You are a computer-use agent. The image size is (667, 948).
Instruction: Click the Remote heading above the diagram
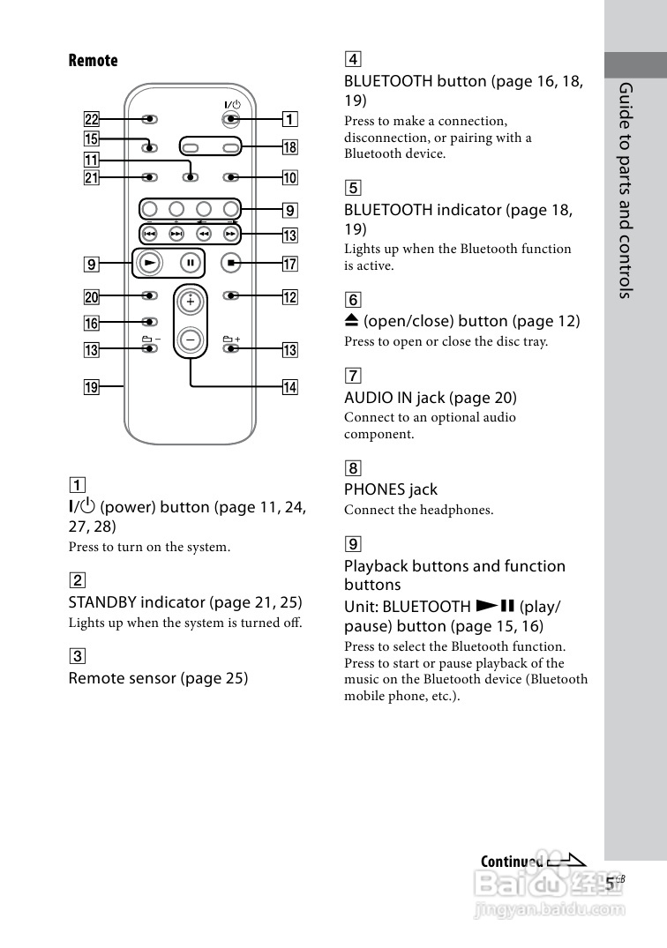coord(93,61)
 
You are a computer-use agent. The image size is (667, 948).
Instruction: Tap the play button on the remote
coord(150,262)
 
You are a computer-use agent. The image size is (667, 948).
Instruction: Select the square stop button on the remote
coord(231,262)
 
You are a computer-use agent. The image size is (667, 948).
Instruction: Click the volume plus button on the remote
coord(189,301)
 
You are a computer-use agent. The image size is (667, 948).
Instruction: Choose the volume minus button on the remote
coord(189,339)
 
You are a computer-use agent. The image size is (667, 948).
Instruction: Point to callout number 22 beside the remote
coord(92,119)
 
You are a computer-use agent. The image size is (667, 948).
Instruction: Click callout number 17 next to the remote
coord(289,263)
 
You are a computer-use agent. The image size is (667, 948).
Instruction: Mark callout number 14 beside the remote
coord(289,387)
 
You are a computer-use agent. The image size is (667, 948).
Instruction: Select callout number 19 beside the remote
coord(92,385)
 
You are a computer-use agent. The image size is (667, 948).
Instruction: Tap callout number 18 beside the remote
coord(289,146)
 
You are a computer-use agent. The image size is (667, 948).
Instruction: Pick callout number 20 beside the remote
coord(92,296)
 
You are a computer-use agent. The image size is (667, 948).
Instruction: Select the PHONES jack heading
coord(390,489)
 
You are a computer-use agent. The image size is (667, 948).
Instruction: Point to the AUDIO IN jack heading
coord(430,398)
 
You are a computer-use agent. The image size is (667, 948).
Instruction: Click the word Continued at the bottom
coord(512,862)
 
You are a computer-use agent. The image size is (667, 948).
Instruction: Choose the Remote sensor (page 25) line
coord(158,678)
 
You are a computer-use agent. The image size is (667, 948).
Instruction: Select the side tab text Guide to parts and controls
coord(626,190)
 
